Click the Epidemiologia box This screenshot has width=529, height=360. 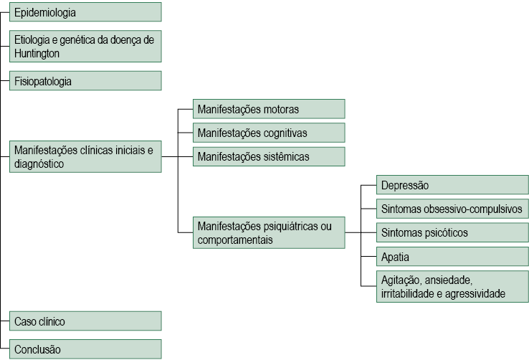[85, 12]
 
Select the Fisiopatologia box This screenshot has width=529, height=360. [85, 81]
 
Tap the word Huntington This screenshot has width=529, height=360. [37, 54]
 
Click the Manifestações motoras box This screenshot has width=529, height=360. [269, 109]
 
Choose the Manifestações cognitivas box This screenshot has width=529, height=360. [269, 133]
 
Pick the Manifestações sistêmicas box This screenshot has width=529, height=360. [269, 156]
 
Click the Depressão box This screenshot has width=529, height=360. [452, 185]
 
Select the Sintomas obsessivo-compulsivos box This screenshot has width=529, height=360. [452, 209]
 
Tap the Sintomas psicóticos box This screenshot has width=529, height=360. [452, 232]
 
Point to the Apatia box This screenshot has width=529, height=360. [452, 257]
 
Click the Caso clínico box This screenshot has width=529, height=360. [85, 321]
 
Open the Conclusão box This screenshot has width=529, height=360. [85, 349]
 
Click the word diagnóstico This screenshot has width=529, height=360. [39, 164]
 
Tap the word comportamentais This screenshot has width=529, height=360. [235, 240]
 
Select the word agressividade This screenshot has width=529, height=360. [475, 294]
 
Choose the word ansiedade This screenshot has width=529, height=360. [449, 280]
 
